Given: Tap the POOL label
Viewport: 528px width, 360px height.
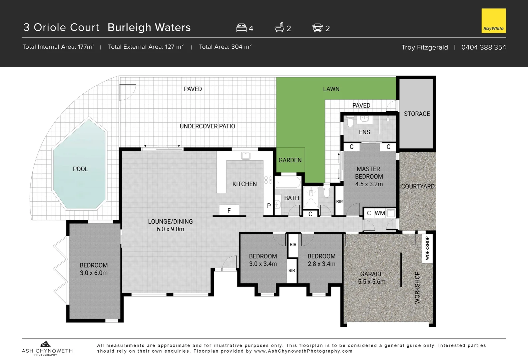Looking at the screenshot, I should tap(80, 169).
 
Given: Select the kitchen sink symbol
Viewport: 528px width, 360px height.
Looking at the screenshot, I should tap(246, 155).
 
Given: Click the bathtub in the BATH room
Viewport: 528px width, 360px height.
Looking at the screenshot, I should tap(288, 182).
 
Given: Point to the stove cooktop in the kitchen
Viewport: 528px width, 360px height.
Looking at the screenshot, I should tap(268, 180).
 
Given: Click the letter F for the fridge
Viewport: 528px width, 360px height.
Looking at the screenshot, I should tap(229, 211).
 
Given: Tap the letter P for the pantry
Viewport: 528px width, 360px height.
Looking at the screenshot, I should tap(269, 206).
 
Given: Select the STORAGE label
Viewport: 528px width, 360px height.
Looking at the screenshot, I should tap(417, 114).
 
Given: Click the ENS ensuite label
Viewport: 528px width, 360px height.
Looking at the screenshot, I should tap(364, 132).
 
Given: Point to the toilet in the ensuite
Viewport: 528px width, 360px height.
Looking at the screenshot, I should tap(350, 122).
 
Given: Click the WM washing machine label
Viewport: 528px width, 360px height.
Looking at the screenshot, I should tap(380, 213).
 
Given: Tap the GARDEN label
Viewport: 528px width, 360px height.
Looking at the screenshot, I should tap(290, 160).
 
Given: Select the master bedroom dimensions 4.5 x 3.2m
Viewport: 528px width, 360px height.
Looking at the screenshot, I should tap(369, 184).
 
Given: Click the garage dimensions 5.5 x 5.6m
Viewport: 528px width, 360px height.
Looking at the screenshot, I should tap(371, 282).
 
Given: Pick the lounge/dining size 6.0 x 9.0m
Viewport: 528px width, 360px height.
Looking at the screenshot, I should tap(170, 229).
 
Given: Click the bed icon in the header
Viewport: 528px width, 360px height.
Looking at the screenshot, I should tap(241, 28).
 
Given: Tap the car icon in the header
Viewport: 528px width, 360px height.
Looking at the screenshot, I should tap(318, 28).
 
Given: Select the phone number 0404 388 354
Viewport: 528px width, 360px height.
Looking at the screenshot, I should tap(483, 47).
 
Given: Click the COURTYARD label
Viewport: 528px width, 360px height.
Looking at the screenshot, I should tap(418, 186).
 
